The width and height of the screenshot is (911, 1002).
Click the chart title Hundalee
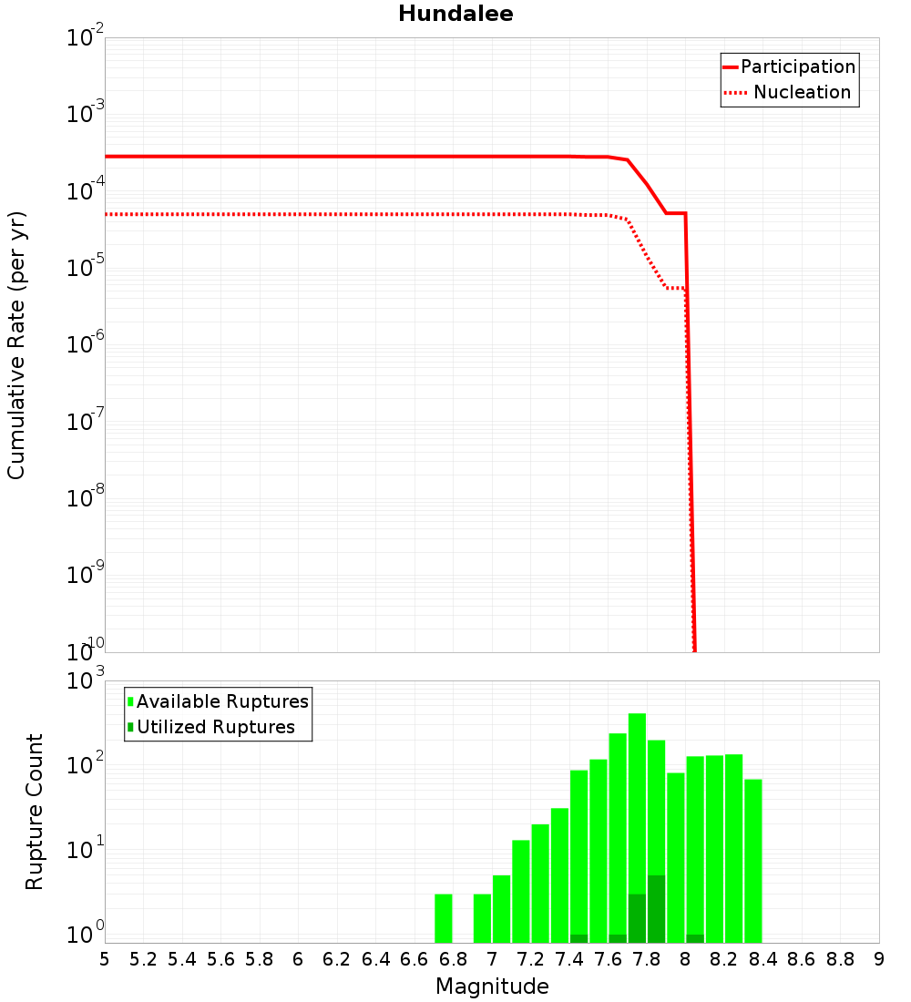click(x=455, y=14)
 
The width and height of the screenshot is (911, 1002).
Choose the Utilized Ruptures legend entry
click(x=215, y=727)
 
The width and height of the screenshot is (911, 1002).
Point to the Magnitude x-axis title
click(x=492, y=987)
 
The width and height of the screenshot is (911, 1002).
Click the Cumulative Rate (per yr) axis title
click(x=16, y=344)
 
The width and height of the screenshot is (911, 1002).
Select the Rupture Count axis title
click(x=35, y=812)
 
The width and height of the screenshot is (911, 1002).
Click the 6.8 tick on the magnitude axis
click(x=453, y=959)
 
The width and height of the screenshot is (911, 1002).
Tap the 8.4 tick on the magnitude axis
click(x=763, y=959)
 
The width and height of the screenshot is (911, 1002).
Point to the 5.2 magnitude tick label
click(x=143, y=959)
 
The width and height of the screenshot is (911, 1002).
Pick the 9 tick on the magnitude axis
click(x=878, y=959)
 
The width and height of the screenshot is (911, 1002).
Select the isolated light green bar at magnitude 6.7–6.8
click(x=444, y=918)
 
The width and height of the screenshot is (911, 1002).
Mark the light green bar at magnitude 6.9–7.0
click(x=482, y=918)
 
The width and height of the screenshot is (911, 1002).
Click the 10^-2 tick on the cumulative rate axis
click(x=87, y=38)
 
